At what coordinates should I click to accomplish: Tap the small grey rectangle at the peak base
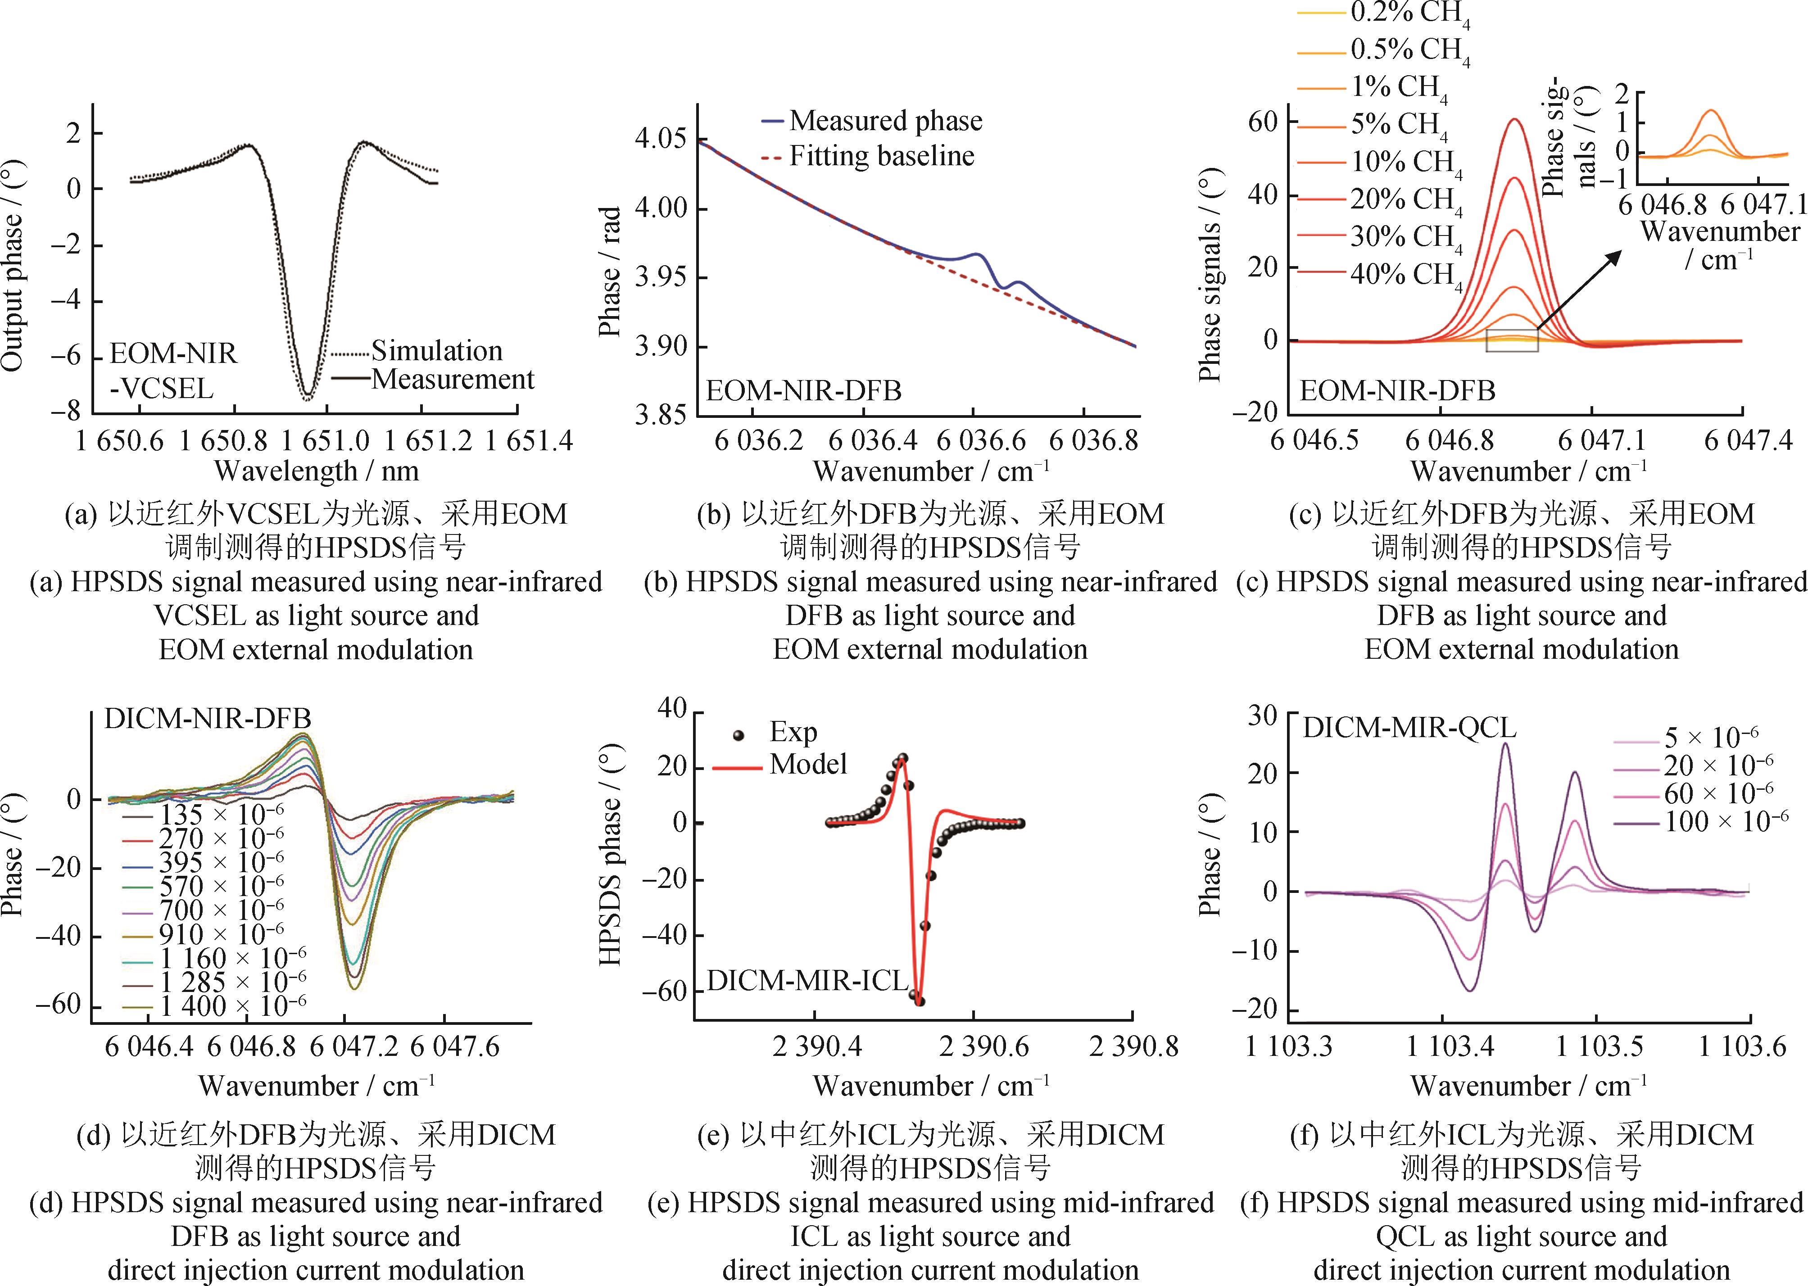pos(1512,340)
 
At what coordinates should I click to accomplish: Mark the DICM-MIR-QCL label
pos(1409,727)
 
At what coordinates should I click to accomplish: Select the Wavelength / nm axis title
pos(316,471)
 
